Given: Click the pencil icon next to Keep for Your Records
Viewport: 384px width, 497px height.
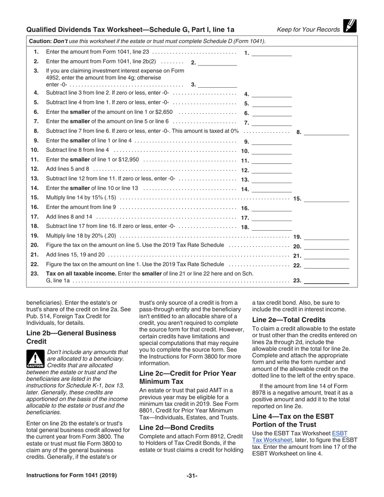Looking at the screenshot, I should pyautogui.click(x=350, y=26).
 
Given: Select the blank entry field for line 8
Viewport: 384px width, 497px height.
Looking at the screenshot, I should pyautogui.click(x=326, y=132).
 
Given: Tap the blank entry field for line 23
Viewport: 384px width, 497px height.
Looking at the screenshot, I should pyautogui.click(x=326, y=281).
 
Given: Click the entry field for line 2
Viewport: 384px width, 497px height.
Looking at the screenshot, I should pyautogui.click(x=217, y=62).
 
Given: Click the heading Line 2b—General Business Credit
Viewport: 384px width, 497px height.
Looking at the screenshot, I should pyautogui.click(x=71, y=337).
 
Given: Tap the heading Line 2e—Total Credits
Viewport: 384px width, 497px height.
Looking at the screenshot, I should pyautogui.click(x=289, y=320).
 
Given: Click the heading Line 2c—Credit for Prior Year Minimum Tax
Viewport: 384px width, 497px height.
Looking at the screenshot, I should pyautogui.click(x=188, y=377).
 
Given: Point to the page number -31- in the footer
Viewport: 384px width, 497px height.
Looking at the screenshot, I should pyautogui.click(x=192, y=476).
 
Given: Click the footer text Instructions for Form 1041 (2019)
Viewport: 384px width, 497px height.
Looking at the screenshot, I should pyautogui.click(x=72, y=476).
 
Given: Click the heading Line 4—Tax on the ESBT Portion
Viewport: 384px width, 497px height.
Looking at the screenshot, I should pyautogui.click(x=293, y=420).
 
